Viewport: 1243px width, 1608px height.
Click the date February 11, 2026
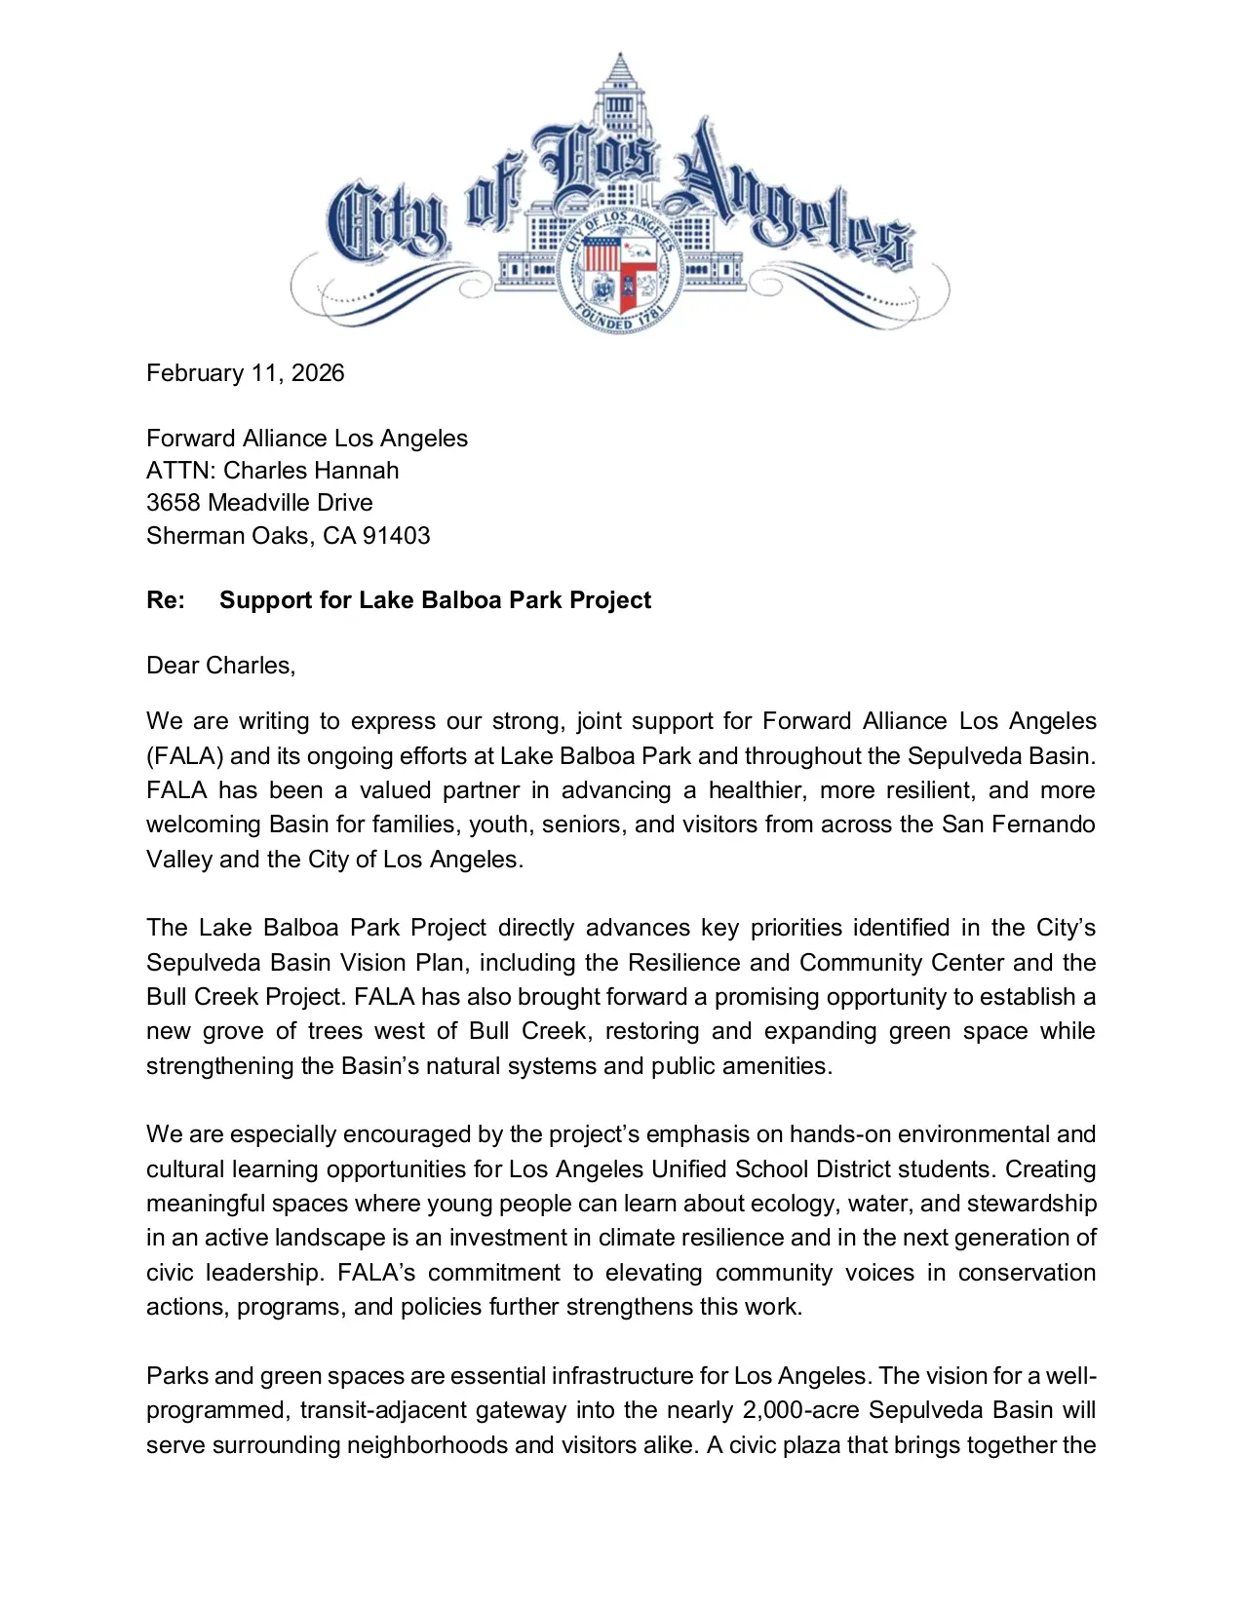(245, 373)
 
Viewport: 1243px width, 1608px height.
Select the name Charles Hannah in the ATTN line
(311, 471)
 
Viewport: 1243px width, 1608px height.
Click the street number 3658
(174, 503)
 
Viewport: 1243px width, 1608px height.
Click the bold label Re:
(166, 600)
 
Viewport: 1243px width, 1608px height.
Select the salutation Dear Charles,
(220, 666)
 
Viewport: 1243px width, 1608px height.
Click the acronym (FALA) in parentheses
(184, 756)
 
